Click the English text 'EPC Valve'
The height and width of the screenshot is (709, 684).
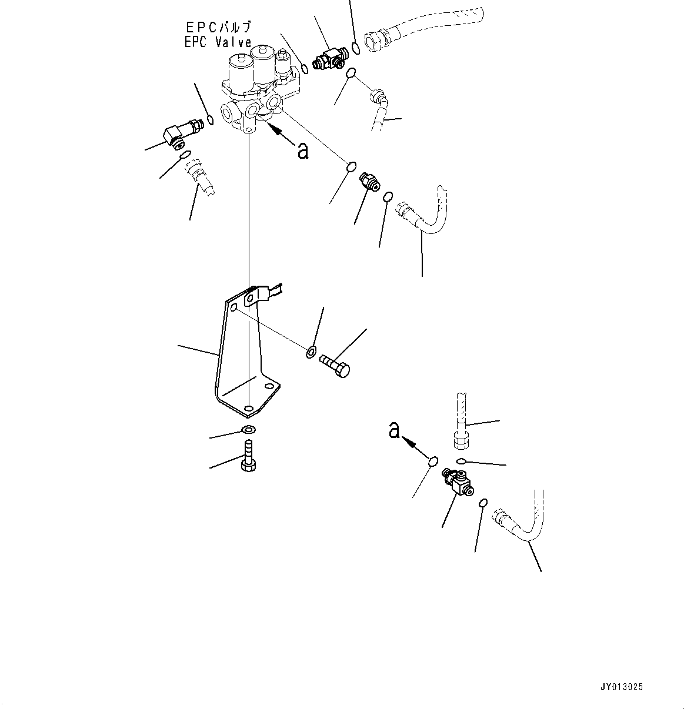pos(218,42)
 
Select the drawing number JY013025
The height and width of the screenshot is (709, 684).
pos(622,687)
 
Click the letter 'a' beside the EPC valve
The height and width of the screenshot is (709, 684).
pos(303,151)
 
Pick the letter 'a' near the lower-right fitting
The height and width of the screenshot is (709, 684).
pos(394,431)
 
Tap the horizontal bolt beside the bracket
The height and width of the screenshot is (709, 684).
pos(335,364)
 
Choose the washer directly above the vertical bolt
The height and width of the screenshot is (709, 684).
pos(248,429)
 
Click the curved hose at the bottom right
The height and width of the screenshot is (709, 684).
pos(523,523)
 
